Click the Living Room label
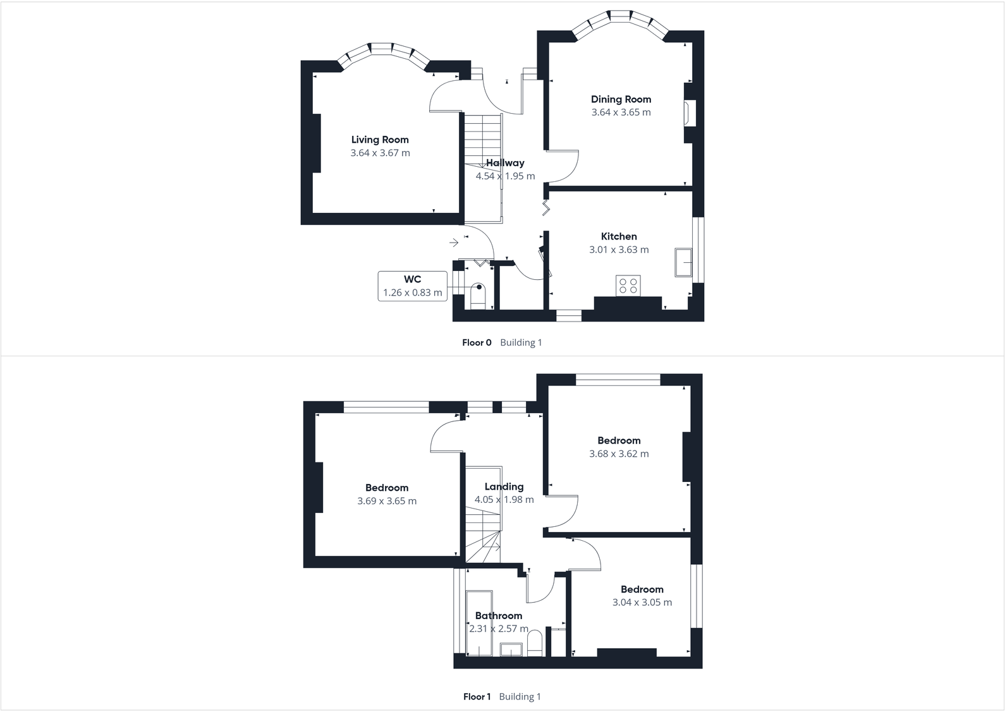coord(380,140)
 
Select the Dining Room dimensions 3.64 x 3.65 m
coord(621,112)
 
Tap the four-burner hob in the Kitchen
coord(628,286)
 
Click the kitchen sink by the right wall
coord(683,262)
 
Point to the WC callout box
coord(412,286)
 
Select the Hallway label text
coord(505,163)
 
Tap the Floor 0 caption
coord(477,342)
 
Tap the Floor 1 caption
coord(477,697)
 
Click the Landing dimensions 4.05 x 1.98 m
coord(504,500)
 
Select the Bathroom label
coord(499,615)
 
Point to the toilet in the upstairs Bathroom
coord(535,643)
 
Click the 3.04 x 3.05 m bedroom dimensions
coord(642,603)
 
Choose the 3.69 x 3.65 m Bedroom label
coord(387,488)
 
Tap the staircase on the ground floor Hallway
coord(483,139)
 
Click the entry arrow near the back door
coord(454,243)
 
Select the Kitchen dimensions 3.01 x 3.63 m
coord(619,250)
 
